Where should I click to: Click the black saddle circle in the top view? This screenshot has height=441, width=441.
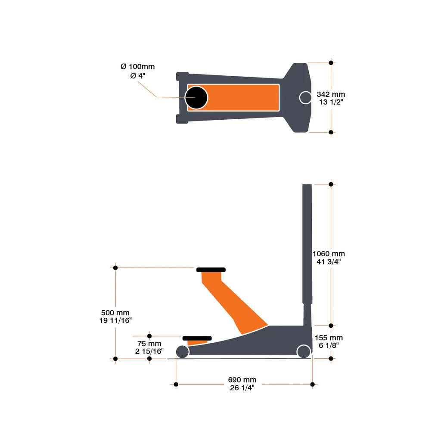tap(196, 98)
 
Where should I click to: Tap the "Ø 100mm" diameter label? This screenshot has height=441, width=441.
tap(137, 67)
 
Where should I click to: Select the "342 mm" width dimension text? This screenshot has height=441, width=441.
tap(331, 94)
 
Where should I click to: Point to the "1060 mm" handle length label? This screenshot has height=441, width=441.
tap(329, 254)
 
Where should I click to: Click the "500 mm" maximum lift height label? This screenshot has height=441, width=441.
tap(115, 313)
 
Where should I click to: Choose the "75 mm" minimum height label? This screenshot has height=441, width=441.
tap(149, 344)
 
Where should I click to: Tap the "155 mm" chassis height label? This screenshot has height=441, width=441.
tap(329, 338)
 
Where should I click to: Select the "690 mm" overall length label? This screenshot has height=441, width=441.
tap(242, 380)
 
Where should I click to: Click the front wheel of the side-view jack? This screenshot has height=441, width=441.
tap(183, 352)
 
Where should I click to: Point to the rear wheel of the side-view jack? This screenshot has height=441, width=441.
tap(304, 351)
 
